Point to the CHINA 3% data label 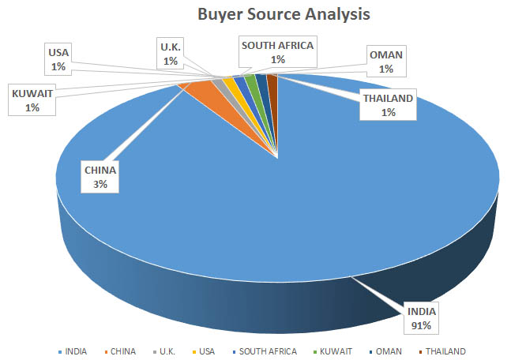coord(100,176)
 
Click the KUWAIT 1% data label coord(32,100)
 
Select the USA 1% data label coord(59,60)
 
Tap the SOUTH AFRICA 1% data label coord(278,52)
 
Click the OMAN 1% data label coord(387,62)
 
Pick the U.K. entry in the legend coord(167,351)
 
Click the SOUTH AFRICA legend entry coord(269,351)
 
